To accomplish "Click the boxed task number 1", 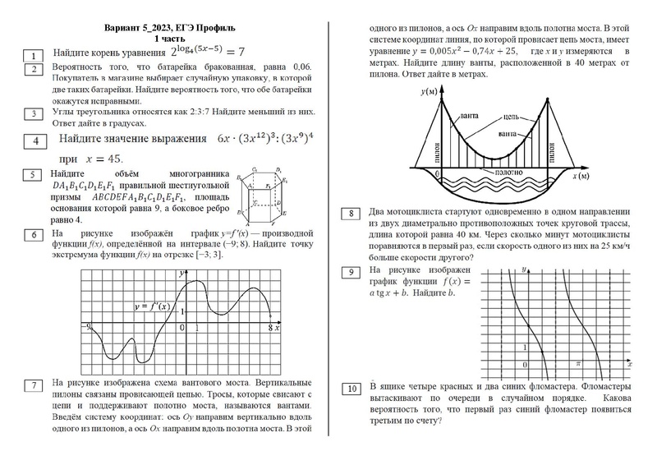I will (x=33, y=55).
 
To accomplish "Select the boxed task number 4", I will (x=33, y=141).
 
